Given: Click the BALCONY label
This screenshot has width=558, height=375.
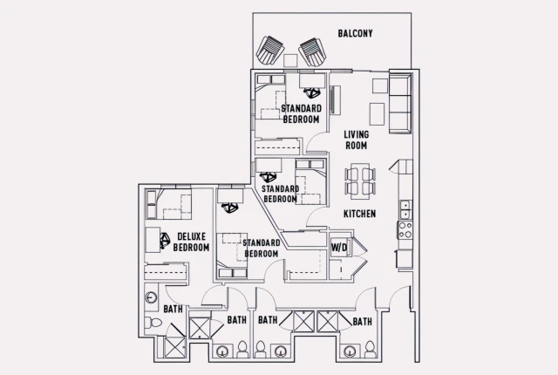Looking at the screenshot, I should [355, 34].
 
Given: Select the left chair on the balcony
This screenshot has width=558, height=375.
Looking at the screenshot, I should [272, 51].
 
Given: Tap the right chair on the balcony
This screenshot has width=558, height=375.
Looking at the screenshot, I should [311, 51].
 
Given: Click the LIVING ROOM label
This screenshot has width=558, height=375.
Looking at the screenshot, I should [355, 140].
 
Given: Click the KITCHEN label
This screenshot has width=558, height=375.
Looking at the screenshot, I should [359, 214].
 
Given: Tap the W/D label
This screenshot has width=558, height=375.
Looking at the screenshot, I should [339, 248].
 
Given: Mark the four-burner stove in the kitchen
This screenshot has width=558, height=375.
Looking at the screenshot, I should [405, 230].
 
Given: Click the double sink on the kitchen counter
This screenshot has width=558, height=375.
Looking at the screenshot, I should [405, 209].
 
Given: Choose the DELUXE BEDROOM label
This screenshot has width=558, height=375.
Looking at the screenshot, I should [191, 242].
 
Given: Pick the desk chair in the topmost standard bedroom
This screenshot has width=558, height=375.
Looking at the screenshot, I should [310, 91].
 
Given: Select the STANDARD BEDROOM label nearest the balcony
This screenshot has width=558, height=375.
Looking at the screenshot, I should [301, 113].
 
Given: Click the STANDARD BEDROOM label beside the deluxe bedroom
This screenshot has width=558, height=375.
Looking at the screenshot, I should [261, 248].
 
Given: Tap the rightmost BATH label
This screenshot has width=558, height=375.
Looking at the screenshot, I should [362, 322].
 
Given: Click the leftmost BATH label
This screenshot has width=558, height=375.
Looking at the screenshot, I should [173, 309].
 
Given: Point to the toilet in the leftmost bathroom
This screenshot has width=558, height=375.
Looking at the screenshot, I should [154, 324].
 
